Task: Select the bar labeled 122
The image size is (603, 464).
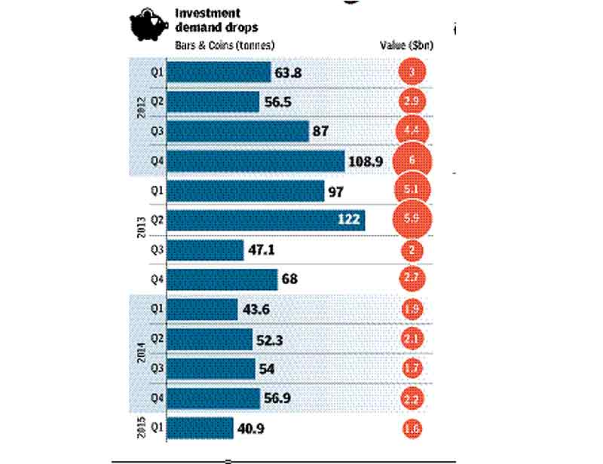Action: pos(265,221)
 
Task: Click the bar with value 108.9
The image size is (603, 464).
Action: pos(255,161)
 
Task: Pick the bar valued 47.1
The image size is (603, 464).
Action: pos(204,250)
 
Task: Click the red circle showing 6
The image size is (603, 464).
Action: pos(412,160)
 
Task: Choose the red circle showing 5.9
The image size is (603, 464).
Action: pos(412,221)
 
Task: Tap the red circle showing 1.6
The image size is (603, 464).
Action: pos(412,429)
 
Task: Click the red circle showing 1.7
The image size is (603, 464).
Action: pos(412,369)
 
